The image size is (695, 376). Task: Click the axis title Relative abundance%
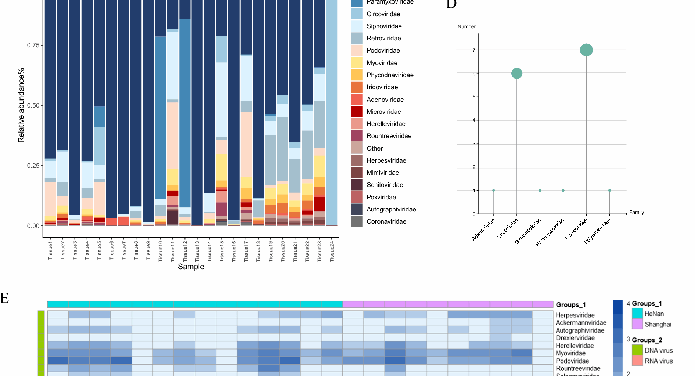pyautogui.click(x=21, y=105)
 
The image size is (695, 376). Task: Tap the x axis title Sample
pyautogui.click(x=191, y=267)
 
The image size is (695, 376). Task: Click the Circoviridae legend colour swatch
pyautogui.click(x=357, y=14)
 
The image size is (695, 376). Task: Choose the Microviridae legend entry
pyautogui.click(x=383, y=112)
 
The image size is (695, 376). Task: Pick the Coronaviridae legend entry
pyautogui.click(x=386, y=221)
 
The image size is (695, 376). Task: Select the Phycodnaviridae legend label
pyautogui.click(x=390, y=75)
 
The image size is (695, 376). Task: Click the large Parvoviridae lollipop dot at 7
pyautogui.click(x=586, y=50)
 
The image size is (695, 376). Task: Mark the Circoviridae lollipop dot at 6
pyautogui.click(x=517, y=73)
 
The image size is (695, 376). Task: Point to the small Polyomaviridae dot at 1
pyautogui.click(x=609, y=191)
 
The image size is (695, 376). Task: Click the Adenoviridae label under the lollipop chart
pyautogui.click(x=484, y=229)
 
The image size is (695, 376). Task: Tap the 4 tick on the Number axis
pyautogui.click(x=474, y=120)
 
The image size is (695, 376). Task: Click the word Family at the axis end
pyautogui.click(x=636, y=212)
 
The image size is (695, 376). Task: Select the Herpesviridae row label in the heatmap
pyautogui.click(x=575, y=315)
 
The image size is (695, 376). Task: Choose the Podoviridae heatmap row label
pyautogui.click(x=572, y=361)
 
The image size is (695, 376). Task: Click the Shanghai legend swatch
pyautogui.click(x=637, y=324)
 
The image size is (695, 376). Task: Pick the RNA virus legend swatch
pyautogui.click(x=637, y=361)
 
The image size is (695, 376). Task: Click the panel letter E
pyautogui.click(x=4, y=298)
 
